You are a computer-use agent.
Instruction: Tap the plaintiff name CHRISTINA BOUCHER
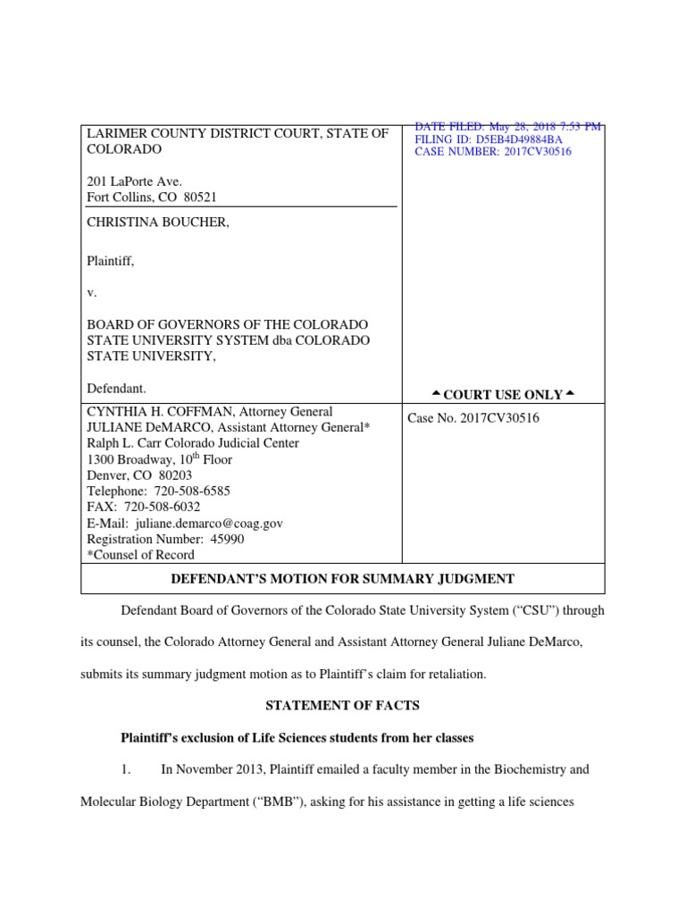pyautogui.click(x=157, y=223)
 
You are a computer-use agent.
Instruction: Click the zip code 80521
pyautogui.click(x=199, y=197)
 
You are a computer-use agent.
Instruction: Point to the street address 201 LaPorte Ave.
pyautogui.click(x=134, y=181)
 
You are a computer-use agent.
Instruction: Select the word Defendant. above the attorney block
pyautogui.click(x=116, y=389)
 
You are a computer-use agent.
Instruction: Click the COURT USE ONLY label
pyautogui.click(x=503, y=395)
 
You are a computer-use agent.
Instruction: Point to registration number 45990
pyautogui.click(x=226, y=540)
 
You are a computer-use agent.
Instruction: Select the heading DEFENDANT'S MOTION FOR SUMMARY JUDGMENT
pyautogui.click(x=342, y=579)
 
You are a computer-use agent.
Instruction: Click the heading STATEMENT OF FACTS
pyautogui.click(x=342, y=706)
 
